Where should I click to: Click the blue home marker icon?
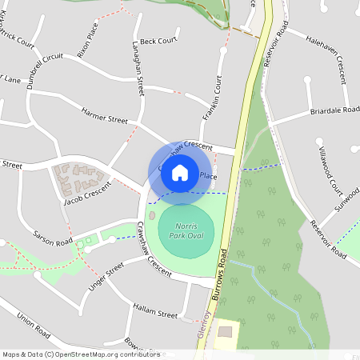click(x=180, y=172)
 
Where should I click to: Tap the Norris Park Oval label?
click(x=186, y=232)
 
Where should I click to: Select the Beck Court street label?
click(x=158, y=41)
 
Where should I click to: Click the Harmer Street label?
click(x=103, y=117)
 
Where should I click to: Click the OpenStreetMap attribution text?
click(x=81, y=354)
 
